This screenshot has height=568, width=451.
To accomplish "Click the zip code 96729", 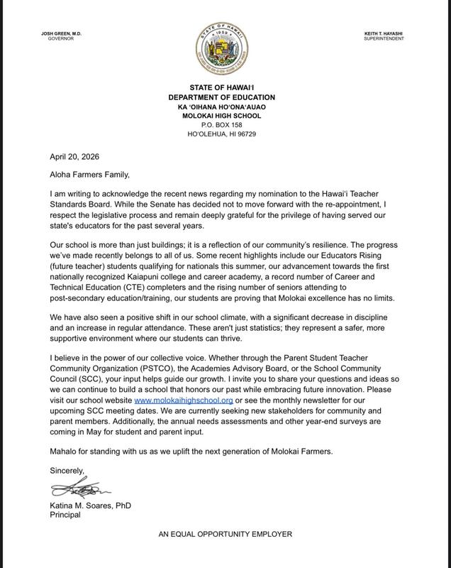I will pos(246,133).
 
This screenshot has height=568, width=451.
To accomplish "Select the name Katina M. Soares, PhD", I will pos(89,506).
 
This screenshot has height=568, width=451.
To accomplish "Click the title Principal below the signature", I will pos(65,515).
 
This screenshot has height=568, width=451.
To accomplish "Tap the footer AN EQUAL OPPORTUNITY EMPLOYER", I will pos(225,534).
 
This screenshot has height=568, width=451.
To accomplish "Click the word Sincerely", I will pos(68,470).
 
